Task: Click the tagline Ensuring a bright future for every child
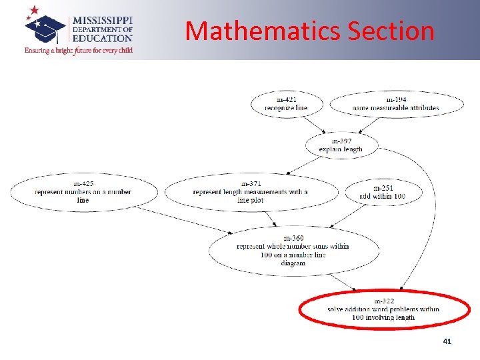(79, 50)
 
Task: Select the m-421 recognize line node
(287, 104)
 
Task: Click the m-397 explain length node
(341, 145)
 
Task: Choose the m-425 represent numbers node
(83, 192)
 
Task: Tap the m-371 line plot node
(251, 192)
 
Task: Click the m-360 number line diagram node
(293, 251)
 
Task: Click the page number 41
(447, 341)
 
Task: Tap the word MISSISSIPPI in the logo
(102, 20)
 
